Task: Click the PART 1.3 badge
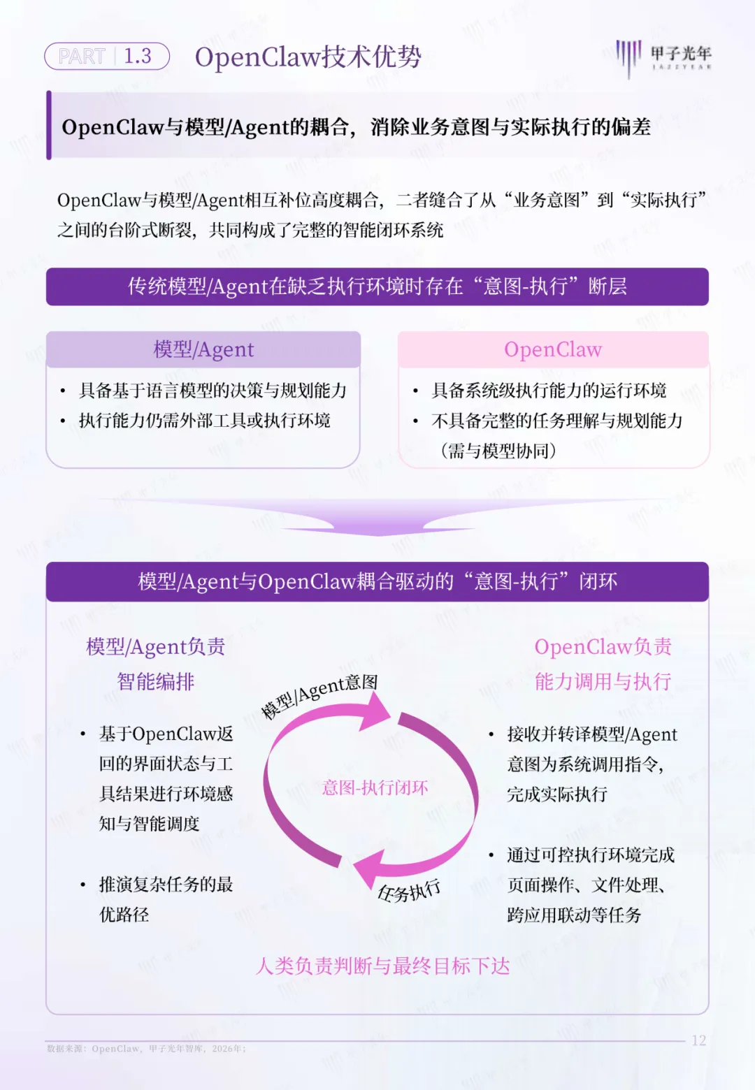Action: [107, 56]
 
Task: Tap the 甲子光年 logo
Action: [663, 56]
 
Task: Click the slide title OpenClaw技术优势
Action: [308, 57]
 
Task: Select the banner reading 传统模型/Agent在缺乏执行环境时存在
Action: [377, 286]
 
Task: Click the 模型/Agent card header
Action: [203, 349]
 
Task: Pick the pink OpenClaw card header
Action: [553, 349]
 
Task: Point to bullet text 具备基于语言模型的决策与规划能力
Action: [213, 391]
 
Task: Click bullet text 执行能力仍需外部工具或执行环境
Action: [204, 421]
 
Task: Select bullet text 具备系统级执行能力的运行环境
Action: [549, 391]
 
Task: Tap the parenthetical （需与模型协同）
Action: [498, 451]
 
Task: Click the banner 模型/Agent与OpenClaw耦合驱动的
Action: [377, 581]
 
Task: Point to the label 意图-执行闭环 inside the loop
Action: [375, 788]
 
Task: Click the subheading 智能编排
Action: [155, 681]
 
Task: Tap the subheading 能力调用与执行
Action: [603, 681]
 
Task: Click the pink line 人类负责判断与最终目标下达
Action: [382, 966]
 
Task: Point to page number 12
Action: [699, 1040]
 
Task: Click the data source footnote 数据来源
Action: [146, 1049]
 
